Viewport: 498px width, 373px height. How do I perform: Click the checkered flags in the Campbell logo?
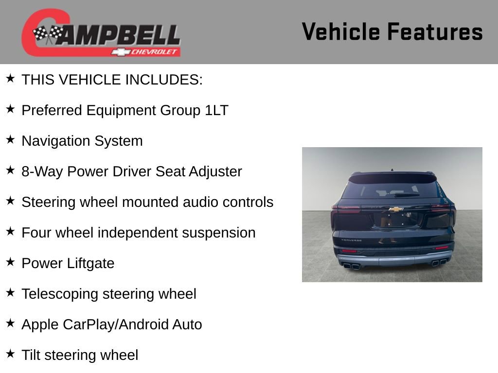tap(48, 34)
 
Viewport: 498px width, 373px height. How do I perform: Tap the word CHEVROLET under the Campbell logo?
tap(155, 52)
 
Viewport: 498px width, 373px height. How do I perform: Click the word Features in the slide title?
tap(435, 32)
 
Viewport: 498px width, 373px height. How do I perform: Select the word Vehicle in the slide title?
tap(340, 32)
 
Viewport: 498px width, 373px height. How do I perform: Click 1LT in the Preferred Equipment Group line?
tap(216, 110)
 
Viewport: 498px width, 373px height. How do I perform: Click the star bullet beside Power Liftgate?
tap(10, 262)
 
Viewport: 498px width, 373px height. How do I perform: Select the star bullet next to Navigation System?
tap(10, 139)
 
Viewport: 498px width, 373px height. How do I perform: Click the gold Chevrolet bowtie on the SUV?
tap(396, 209)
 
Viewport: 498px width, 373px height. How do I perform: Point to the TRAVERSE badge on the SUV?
tap(351, 240)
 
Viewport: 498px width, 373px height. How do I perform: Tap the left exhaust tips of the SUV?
tap(351, 265)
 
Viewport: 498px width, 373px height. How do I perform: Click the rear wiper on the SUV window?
tap(407, 195)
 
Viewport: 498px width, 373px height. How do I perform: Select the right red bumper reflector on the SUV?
tap(441, 248)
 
